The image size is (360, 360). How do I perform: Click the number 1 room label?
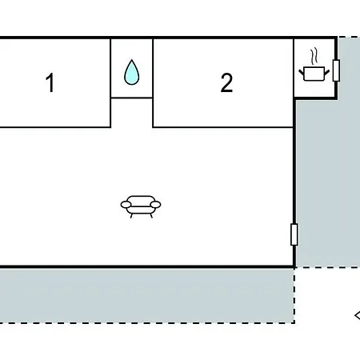click(50, 82)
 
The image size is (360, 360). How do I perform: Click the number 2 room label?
click(226, 82)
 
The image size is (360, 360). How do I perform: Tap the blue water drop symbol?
click(132, 72)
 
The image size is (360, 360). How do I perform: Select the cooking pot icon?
click(314, 74)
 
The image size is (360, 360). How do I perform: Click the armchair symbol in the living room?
click(141, 206)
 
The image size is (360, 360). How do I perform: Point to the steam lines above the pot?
click(314, 56)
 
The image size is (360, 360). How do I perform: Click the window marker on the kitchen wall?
click(336, 70)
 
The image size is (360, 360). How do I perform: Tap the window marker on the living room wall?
click(294, 234)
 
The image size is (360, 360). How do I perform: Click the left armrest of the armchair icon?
click(126, 205)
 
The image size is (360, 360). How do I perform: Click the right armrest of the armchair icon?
click(155, 205)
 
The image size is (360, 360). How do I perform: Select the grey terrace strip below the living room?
click(146, 295)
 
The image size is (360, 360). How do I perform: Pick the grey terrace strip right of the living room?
click(328, 170)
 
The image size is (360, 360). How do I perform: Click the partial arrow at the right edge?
click(358, 315)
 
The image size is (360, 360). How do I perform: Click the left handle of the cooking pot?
click(302, 72)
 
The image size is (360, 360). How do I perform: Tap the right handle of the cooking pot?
click(327, 72)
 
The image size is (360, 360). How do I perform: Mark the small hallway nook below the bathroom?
click(132, 113)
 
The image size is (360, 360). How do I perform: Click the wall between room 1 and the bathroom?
click(110, 82)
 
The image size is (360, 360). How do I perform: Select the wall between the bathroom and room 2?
click(153, 82)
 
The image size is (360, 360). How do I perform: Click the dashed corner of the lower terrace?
click(294, 323)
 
